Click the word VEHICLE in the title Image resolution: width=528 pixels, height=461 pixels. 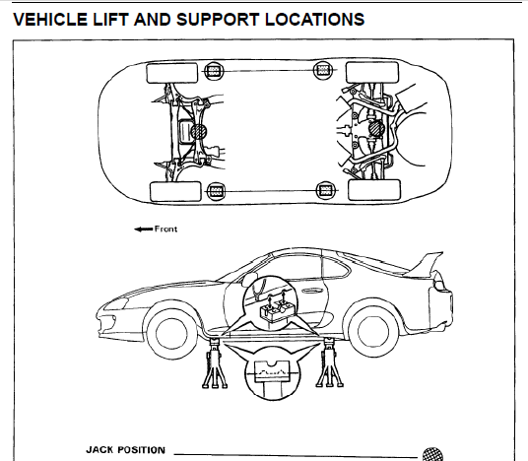point(50,19)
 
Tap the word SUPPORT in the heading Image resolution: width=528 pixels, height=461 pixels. point(218,19)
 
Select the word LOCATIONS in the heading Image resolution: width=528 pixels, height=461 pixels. point(314,19)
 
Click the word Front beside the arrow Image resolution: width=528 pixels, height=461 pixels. point(165,229)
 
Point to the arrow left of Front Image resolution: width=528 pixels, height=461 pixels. point(143,230)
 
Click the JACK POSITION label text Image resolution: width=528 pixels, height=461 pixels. point(126,450)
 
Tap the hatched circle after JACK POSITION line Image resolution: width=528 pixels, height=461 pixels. point(432,455)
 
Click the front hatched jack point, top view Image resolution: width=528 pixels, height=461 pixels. point(199,131)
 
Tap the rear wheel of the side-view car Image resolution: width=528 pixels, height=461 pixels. point(372,331)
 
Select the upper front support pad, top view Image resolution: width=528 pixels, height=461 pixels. point(214,71)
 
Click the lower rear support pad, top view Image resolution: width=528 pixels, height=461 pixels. point(326,190)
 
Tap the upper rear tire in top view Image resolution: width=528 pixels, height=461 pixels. point(372,72)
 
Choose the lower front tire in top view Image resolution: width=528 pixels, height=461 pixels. point(175,192)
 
